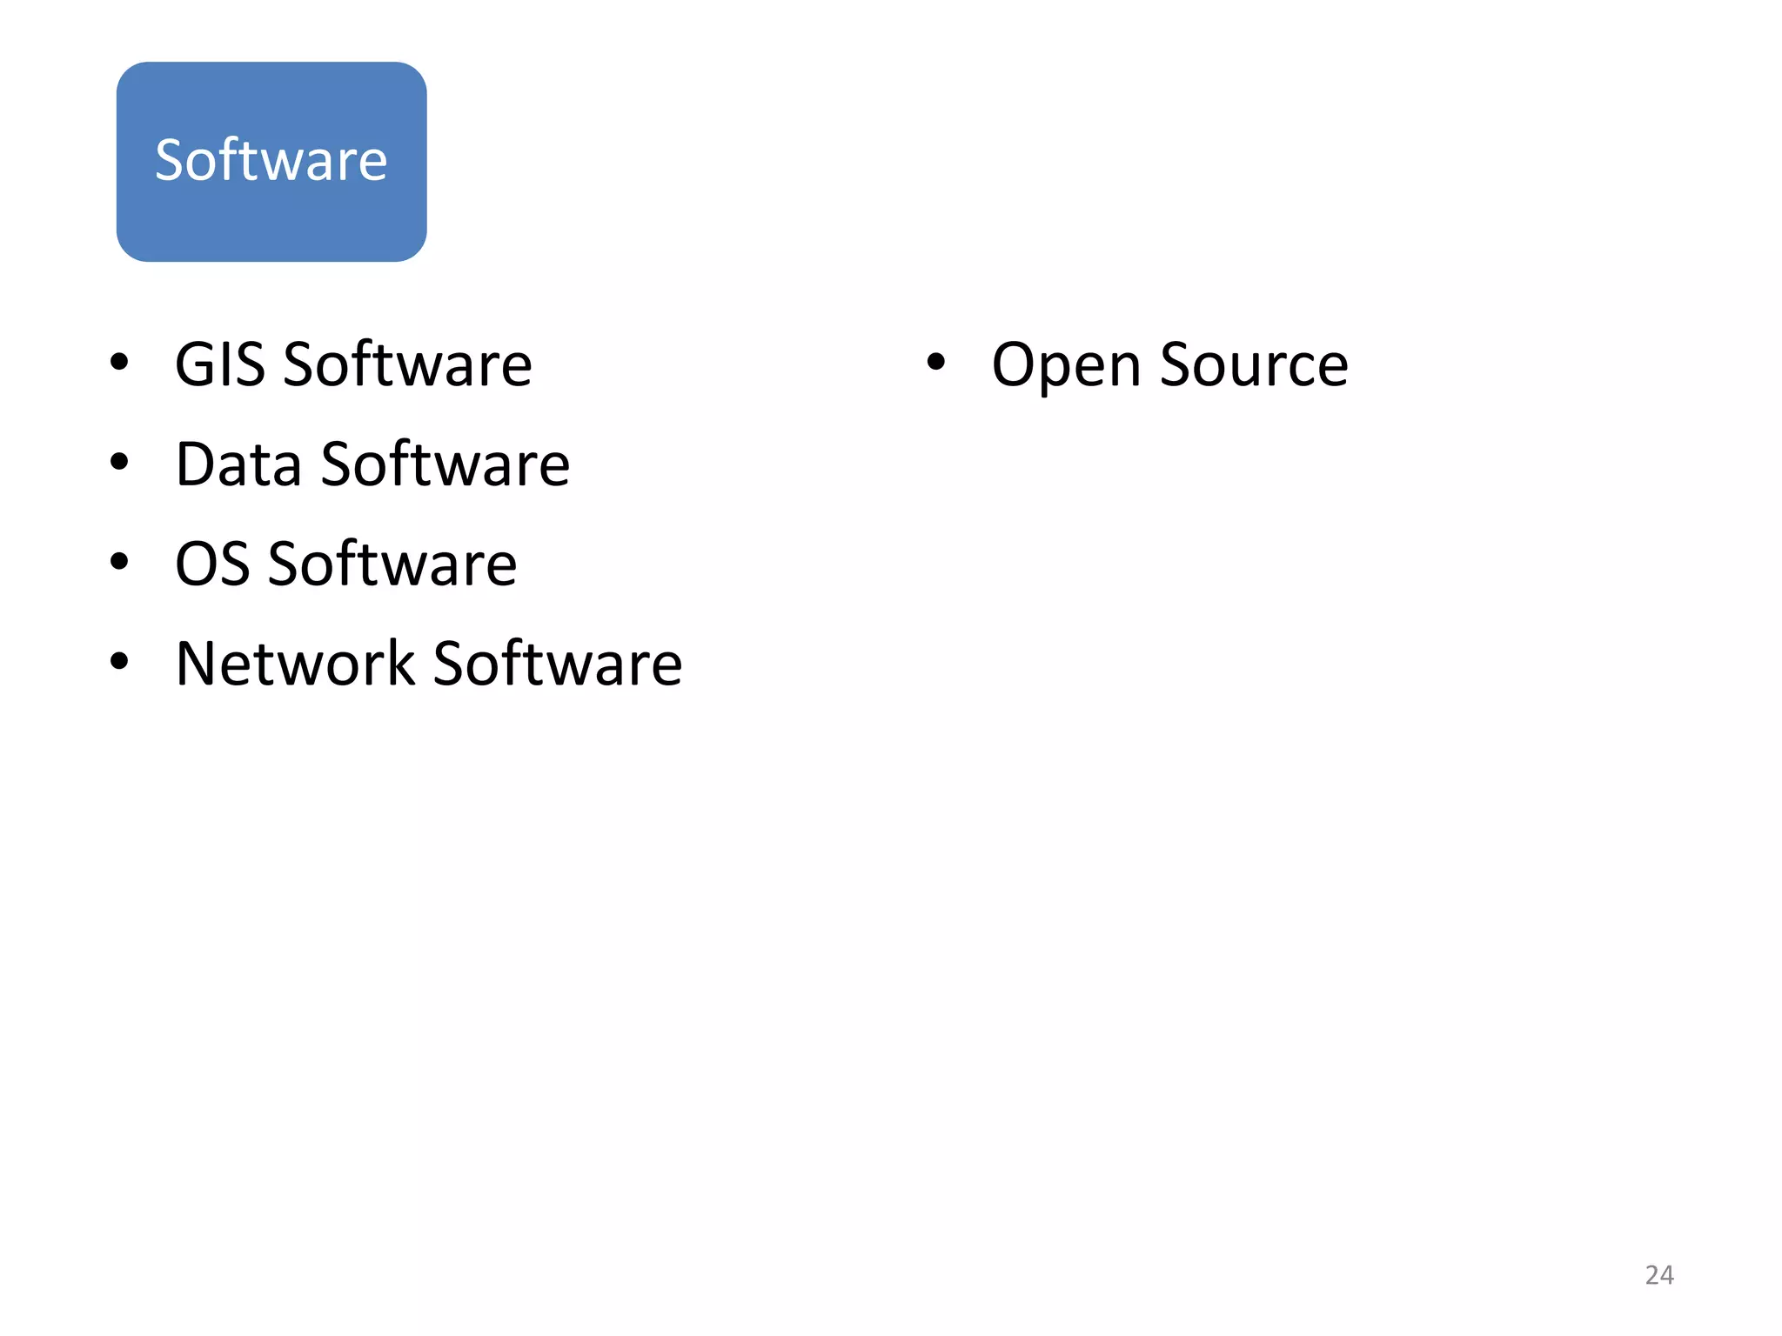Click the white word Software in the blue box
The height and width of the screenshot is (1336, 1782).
click(271, 161)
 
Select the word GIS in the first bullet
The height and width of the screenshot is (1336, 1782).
click(219, 364)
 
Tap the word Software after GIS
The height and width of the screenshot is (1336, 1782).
click(407, 364)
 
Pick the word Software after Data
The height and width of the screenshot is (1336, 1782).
click(445, 464)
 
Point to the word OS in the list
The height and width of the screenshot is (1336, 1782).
click(212, 564)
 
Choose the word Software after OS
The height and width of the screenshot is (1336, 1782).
click(392, 564)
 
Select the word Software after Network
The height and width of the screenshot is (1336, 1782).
click(558, 665)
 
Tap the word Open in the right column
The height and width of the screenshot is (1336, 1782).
click(1066, 366)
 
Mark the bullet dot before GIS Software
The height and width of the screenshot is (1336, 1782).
click(119, 362)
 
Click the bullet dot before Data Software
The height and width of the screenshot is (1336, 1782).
click(119, 462)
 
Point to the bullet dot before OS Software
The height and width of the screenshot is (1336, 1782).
click(119, 562)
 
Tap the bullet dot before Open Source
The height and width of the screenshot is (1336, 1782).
click(935, 362)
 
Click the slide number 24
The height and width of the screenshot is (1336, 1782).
click(1659, 1275)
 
